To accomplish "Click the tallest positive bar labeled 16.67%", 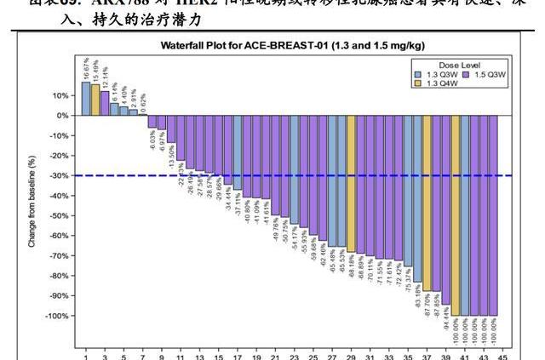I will point(86,99).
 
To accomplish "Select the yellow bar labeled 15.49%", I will point(95,100).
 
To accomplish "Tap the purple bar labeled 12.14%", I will point(105,103).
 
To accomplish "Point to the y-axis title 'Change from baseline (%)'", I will point(32,201).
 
